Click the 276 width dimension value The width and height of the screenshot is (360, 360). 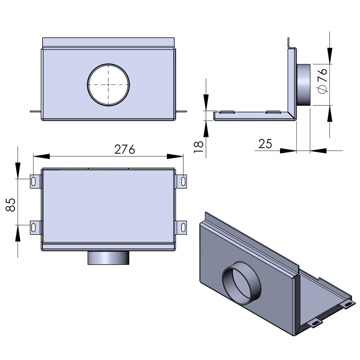[x=125, y=149]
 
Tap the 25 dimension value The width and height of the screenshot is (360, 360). [x=265, y=144]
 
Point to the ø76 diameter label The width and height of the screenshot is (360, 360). [x=323, y=81]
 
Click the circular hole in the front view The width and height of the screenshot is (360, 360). [x=108, y=85]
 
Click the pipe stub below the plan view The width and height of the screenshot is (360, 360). [x=108, y=258]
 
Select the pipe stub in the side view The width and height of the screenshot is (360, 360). [x=303, y=85]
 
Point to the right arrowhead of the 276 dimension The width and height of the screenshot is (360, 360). [x=175, y=156]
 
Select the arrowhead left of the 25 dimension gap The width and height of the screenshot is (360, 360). [x=288, y=150]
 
